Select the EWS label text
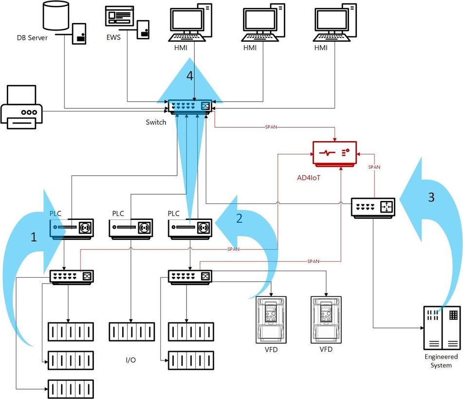113,37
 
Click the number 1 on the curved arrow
34,237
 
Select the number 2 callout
239,218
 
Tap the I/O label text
130,360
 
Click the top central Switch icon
189,107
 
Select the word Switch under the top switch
156,122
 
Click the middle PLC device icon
131,228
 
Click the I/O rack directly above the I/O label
131,332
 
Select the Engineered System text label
441,361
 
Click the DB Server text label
31,37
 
